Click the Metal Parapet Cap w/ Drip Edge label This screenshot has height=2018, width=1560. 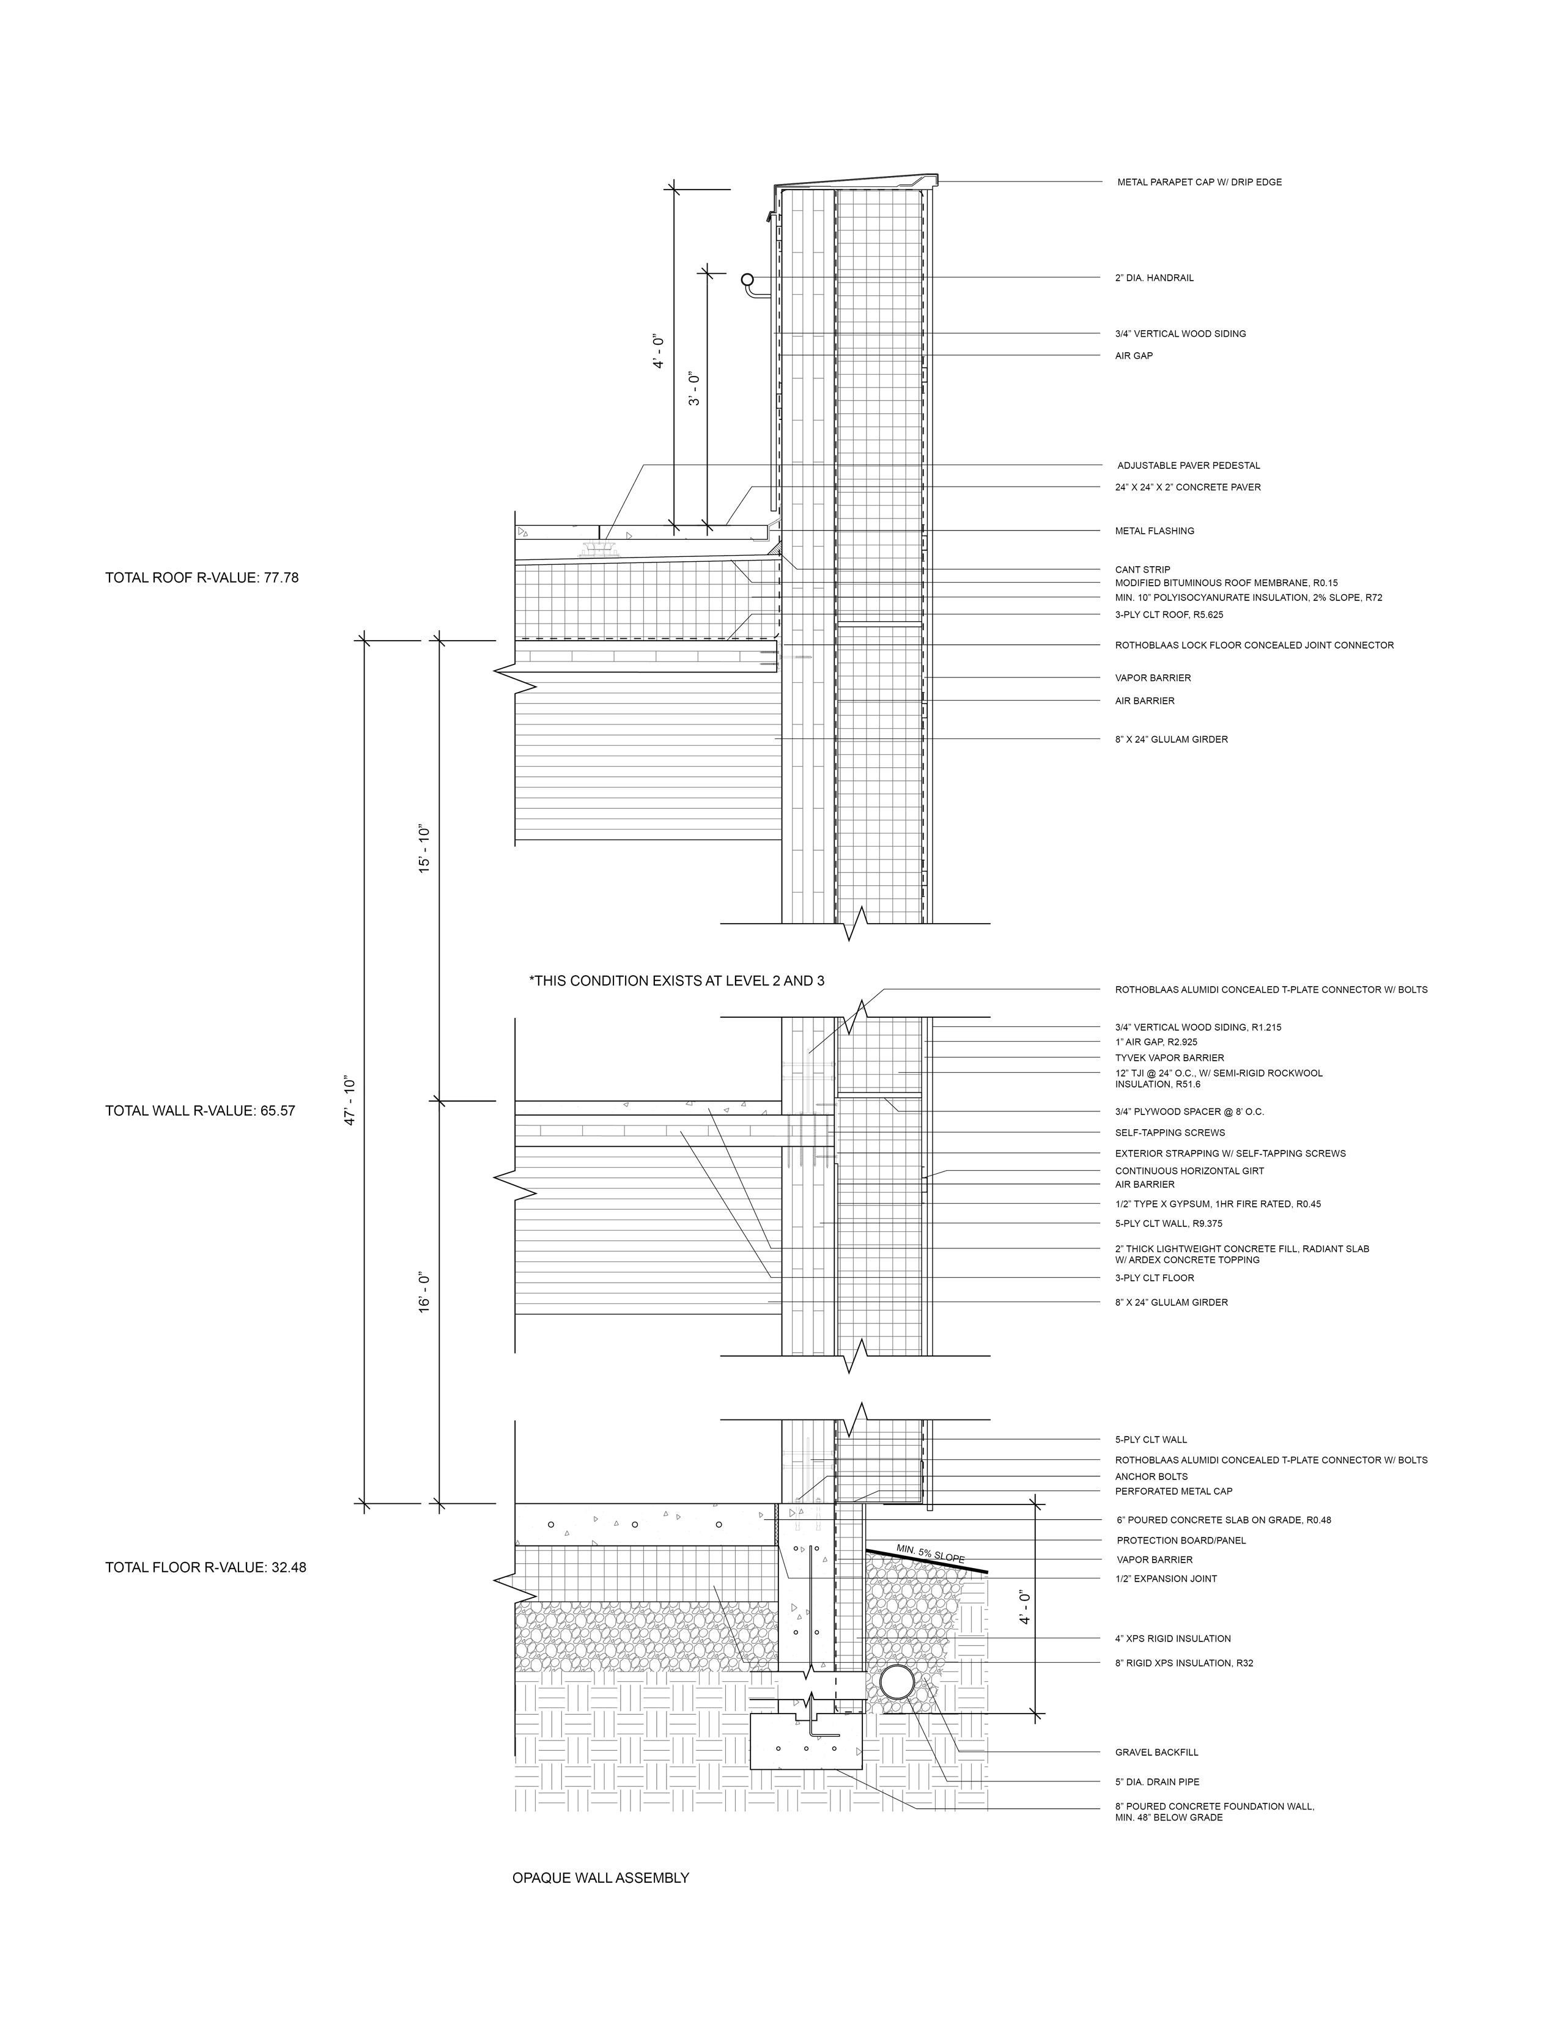tap(1199, 182)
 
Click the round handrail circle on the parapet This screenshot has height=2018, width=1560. tap(748, 278)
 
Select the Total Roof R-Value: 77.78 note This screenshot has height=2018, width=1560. tap(201, 578)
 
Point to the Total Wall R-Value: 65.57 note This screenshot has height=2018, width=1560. tap(199, 1111)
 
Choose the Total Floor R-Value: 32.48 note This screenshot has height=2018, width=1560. tap(205, 1567)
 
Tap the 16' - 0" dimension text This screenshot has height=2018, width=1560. tap(425, 1294)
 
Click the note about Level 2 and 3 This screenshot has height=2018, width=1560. tap(676, 981)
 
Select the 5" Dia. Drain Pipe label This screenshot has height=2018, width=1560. tap(1157, 1781)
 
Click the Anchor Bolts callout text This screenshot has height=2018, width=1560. tap(1151, 1476)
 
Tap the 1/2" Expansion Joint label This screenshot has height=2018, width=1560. tap(1166, 1578)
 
